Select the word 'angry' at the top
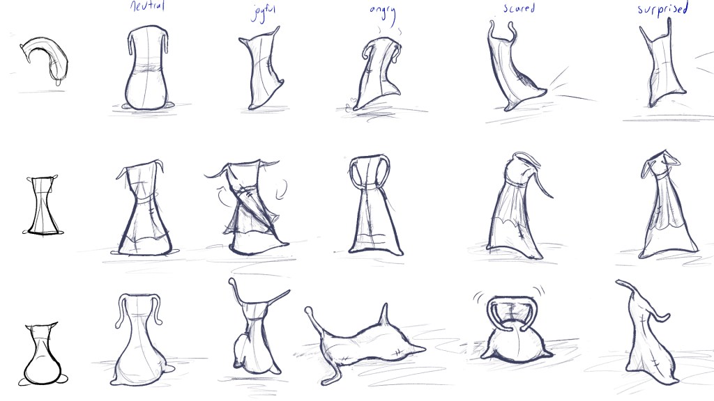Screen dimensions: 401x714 click(383, 13)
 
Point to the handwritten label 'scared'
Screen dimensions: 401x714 click(519, 9)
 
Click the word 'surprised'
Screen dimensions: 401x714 click(662, 10)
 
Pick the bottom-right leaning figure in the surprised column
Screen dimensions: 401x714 click(644, 331)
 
